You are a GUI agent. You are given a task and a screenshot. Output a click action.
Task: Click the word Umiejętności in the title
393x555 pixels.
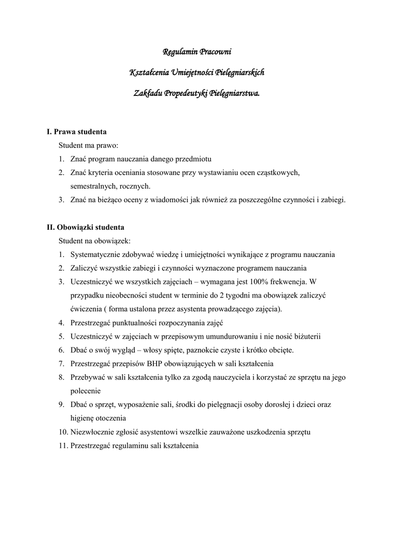tap(192, 73)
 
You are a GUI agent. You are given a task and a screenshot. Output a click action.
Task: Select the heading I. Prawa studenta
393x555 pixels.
tap(76, 132)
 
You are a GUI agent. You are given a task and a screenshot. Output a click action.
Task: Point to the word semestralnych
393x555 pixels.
tap(91, 186)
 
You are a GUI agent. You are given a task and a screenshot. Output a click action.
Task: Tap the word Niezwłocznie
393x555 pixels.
tap(93, 432)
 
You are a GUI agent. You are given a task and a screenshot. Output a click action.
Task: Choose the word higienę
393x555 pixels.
tap(83, 418)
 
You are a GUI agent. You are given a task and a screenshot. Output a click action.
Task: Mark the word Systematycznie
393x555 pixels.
tap(95, 254)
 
